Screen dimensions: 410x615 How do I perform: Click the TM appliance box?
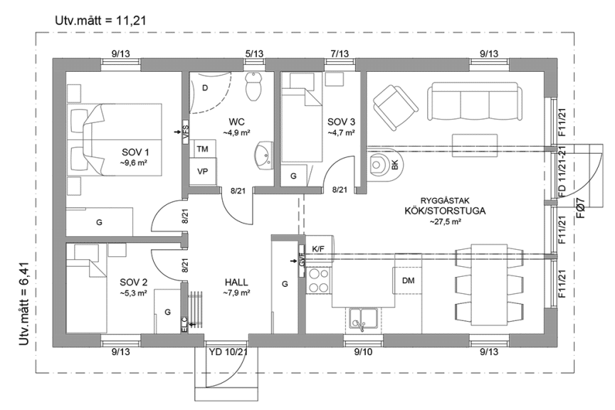[x=202, y=148]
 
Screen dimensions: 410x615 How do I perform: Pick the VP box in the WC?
[x=202, y=172]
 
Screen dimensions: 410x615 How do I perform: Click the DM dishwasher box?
[x=409, y=280]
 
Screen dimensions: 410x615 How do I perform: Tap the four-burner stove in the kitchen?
[x=318, y=280]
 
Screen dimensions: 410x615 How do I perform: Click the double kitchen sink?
[x=364, y=317]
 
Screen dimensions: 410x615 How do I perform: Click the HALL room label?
[x=236, y=282]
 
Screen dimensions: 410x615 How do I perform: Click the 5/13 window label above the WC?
[x=254, y=53]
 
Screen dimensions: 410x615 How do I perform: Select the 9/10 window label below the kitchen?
[x=364, y=352]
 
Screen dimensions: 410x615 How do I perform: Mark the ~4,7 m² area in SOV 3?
[x=341, y=132]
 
